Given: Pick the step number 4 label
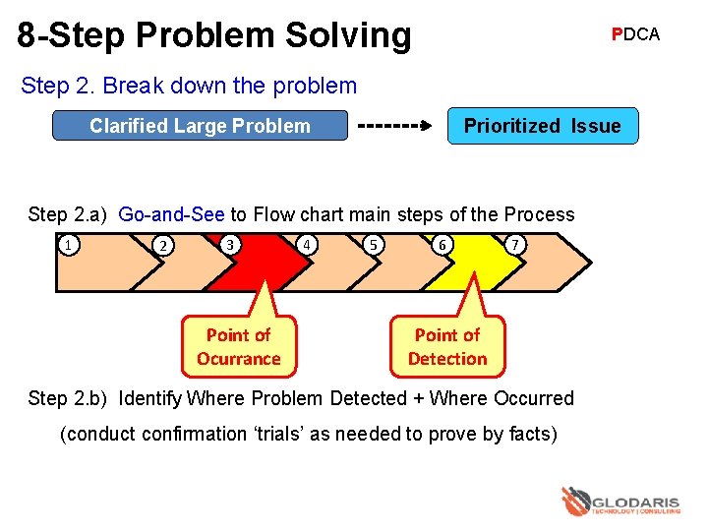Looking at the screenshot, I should [x=309, y=244].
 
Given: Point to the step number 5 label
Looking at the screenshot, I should [x=373, y=245].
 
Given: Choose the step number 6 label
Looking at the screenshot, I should [x=444, y=245].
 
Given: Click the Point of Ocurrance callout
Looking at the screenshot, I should [x=238, y=347].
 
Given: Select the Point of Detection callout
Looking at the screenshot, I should [x=447, y=347].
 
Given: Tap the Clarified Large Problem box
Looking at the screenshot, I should [x=200, y=126].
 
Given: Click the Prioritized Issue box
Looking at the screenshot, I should [x=542, y=126].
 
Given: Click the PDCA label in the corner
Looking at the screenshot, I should [x=635, y=34].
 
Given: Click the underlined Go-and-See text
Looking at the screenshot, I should [x=171, y=214].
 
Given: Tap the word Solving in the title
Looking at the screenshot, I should [x=349, y=35].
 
